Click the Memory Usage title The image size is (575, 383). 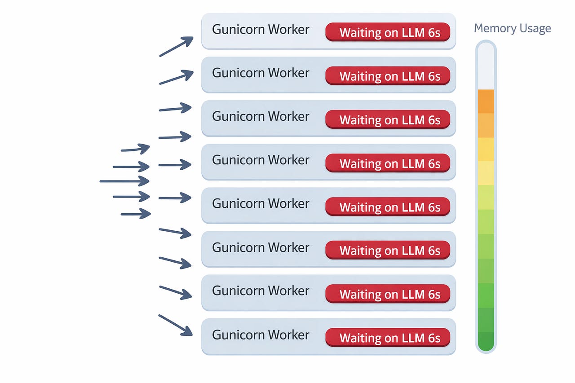(x=512, y=29)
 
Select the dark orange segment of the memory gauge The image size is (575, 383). (x=486, y=101)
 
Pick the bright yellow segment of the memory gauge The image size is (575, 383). (x=486, y=149)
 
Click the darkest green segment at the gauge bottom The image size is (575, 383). (x=486, y=341)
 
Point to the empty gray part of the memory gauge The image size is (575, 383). (x=486, y=67)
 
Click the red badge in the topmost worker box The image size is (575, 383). (x=388, y=32)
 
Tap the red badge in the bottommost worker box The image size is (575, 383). (x=388, y=338)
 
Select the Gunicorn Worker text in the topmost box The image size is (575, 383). (x=261, y=30)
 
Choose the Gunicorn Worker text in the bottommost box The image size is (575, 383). (x=261, y=335)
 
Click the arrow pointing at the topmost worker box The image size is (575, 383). (x=176, y=47)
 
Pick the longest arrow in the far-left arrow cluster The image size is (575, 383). (x=124, y=181)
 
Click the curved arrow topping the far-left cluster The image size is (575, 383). (x=135, y=149)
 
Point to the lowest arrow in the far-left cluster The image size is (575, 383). (x=136, y=214)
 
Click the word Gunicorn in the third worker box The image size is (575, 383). (x=238, y=117)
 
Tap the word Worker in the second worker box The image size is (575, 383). (x=288, y=73)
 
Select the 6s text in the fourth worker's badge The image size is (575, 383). (x=434, y=164)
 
